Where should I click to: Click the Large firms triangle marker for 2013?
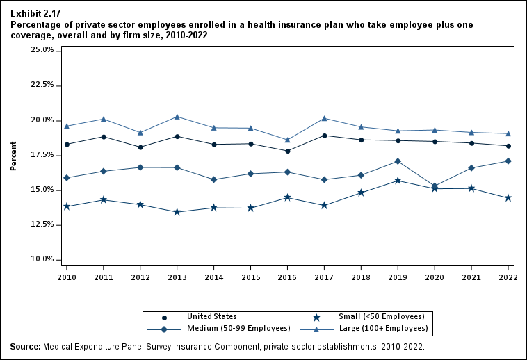[177, 117]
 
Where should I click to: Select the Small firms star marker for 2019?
[398, 181]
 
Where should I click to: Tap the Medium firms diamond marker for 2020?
[435, 186]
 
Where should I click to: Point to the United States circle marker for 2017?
[325, 136]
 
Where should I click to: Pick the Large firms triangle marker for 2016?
[288, 140]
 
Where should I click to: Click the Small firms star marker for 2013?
[177, 212]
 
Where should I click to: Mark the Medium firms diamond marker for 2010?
[67, 178]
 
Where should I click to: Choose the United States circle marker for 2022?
[508, 146]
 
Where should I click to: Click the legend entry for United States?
[212, 316]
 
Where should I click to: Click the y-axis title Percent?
[13, 156]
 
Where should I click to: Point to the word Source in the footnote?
[25, 346]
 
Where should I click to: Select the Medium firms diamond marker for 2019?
[398, 161]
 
